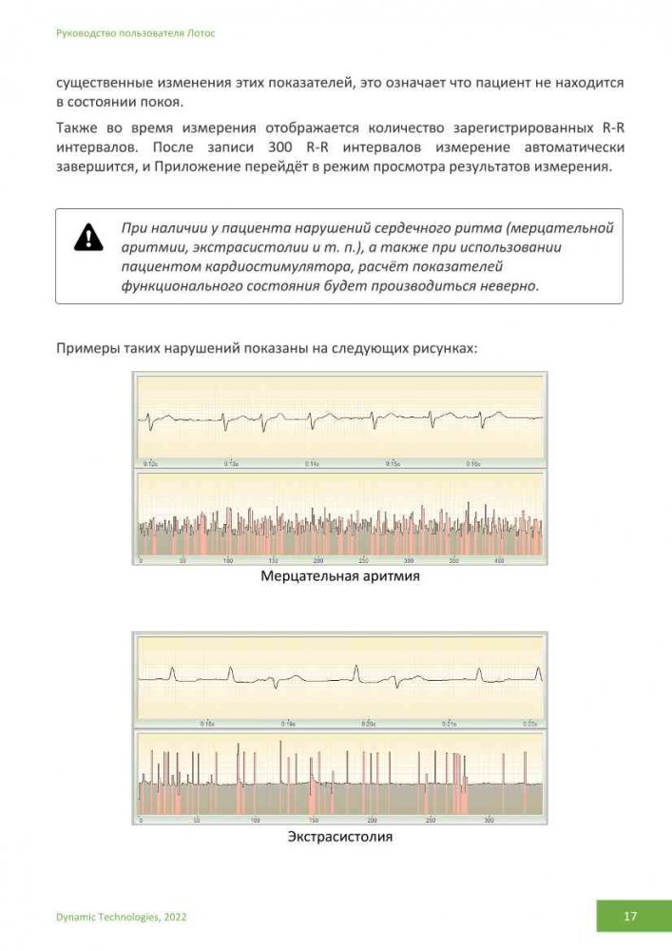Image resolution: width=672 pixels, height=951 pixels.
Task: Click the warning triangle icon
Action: (x=87, y=237)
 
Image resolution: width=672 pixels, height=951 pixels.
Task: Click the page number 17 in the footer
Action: (x=630, y=917)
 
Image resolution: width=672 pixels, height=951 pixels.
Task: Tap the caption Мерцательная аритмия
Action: (x=340, y=576)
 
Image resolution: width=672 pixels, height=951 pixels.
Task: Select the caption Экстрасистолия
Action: (x=340, y=837)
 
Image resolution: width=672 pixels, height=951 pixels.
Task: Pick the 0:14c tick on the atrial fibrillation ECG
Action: (x=313, y=463)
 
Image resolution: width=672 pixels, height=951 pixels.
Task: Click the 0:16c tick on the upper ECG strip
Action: (x=472, y=463)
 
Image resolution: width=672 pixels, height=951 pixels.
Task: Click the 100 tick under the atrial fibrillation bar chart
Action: (x=228, y=561)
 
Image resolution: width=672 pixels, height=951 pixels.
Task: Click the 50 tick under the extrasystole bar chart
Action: (x=197, y=820)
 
